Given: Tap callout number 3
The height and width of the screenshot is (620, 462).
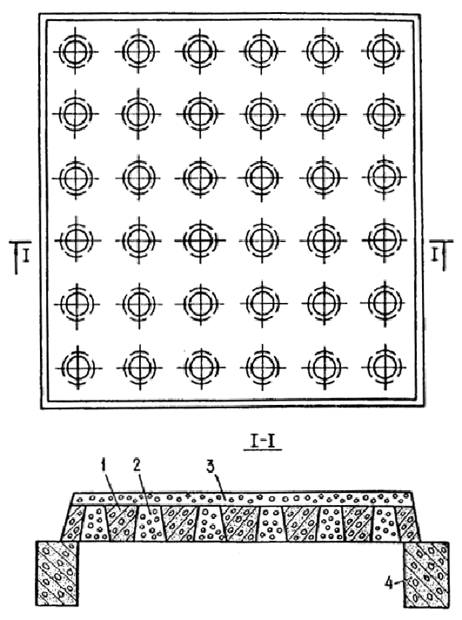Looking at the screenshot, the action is (x=211, y=467).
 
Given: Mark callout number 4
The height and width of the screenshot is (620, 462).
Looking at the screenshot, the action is (x=389, y=583).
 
